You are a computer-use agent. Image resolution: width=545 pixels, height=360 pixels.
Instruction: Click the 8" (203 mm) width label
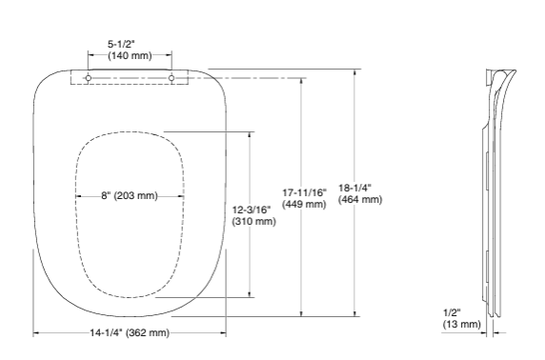130,196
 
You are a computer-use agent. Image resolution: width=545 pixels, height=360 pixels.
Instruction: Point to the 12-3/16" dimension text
252,209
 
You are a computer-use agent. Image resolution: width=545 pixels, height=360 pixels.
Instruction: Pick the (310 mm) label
252,221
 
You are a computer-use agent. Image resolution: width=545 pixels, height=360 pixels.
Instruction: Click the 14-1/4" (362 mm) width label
130,332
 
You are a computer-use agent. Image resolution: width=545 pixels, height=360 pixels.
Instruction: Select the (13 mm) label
462,324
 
